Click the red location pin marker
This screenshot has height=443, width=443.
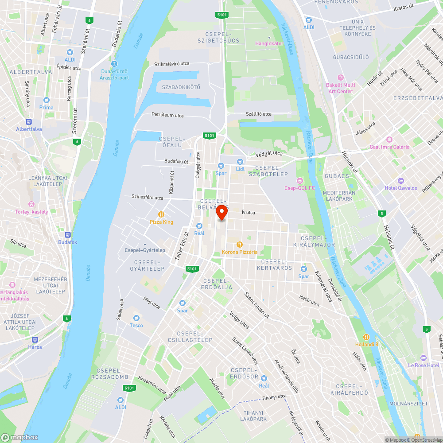pos(221,214)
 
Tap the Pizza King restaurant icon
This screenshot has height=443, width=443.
pos(162,214)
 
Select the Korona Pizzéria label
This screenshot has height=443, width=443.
pos(240,252)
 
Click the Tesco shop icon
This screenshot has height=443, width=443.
pos(136,318)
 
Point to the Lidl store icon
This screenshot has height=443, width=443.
pos(240,162)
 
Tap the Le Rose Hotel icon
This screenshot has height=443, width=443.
pos(423,358)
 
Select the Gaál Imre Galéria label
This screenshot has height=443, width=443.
pos(390,147)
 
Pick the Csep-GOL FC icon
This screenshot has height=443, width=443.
pos(300,180)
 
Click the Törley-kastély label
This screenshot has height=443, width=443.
pos(31,212)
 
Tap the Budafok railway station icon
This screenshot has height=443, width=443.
pos(67,235)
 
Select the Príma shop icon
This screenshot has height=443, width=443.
pos(46,100)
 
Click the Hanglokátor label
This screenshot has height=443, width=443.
pos(269,43)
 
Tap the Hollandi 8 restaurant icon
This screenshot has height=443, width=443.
pos(366,337)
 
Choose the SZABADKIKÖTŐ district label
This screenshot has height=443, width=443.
pos(181,87)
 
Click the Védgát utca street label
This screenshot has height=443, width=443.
pos(269,154)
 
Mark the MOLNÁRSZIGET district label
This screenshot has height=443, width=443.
pos(402,404)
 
